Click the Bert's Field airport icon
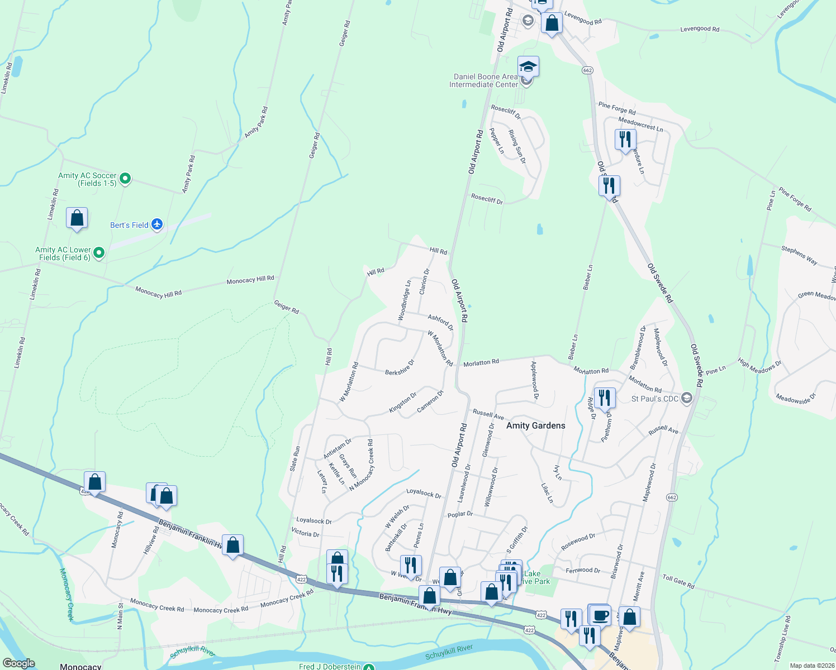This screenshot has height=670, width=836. (157, 224)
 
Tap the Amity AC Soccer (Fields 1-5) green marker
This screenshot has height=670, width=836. (126, 179)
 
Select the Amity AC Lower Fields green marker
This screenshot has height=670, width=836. (99, 253)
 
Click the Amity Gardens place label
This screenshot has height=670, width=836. (535, 425)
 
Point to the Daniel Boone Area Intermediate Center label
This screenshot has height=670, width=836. (484, 80)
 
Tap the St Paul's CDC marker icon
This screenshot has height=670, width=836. (687, 398)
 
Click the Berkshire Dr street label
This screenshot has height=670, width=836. (400, 367)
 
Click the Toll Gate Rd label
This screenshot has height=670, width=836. (678, 581)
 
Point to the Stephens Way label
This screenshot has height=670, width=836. (799, 255)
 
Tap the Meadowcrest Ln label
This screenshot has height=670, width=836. (640, 124)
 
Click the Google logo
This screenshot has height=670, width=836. (18, 663)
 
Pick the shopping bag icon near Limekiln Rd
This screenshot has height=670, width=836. (77, 218)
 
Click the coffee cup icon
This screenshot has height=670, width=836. (600, 615)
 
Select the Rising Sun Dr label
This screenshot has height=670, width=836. (517, 146)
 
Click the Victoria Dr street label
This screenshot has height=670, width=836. (305, 533)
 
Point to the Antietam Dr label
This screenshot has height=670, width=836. (338, 448)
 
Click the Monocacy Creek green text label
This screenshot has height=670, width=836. (67, 595)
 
